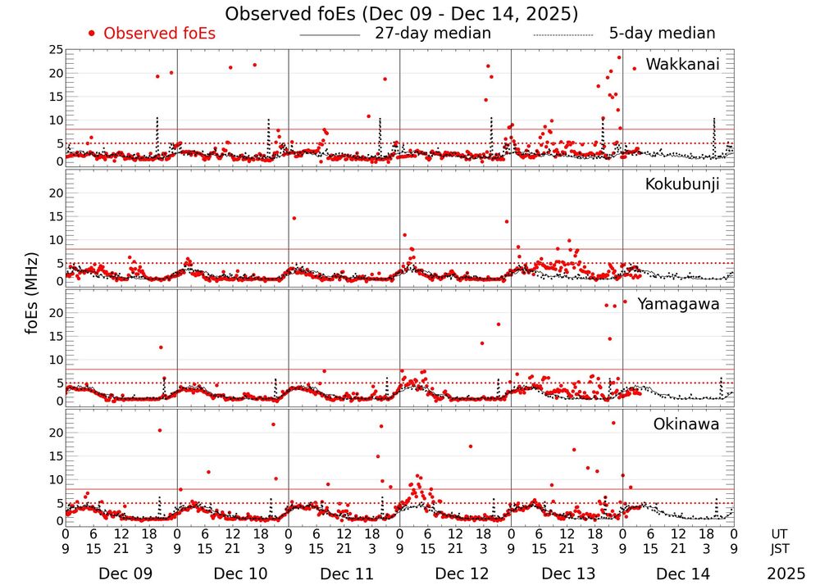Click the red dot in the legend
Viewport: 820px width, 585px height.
[91, 34]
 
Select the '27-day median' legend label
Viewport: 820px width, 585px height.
[433, 34]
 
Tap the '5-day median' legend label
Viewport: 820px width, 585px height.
[663, 34]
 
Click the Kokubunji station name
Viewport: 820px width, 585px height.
[682, 184]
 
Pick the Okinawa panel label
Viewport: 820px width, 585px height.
[686, 424]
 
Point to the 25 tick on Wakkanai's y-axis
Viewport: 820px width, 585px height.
[55, 50]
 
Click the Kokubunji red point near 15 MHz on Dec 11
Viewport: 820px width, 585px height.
[294, 218]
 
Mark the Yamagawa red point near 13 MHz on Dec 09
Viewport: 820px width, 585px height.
[161, 347]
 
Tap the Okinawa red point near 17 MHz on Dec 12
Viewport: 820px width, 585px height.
[470, 447]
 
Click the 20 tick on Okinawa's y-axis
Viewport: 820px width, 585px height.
[55, 432]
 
